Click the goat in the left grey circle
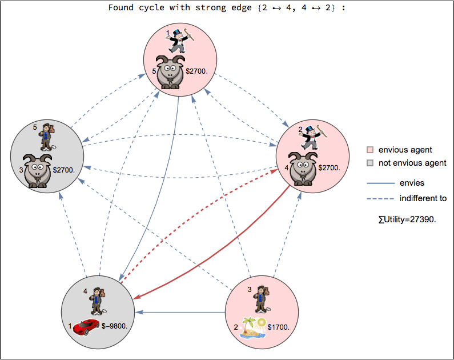(38, 170)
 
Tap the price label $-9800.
(114, 326)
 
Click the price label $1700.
(279, 327)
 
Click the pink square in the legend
(370, 150)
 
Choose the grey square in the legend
(370, 163)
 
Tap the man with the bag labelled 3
(262, 299)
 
